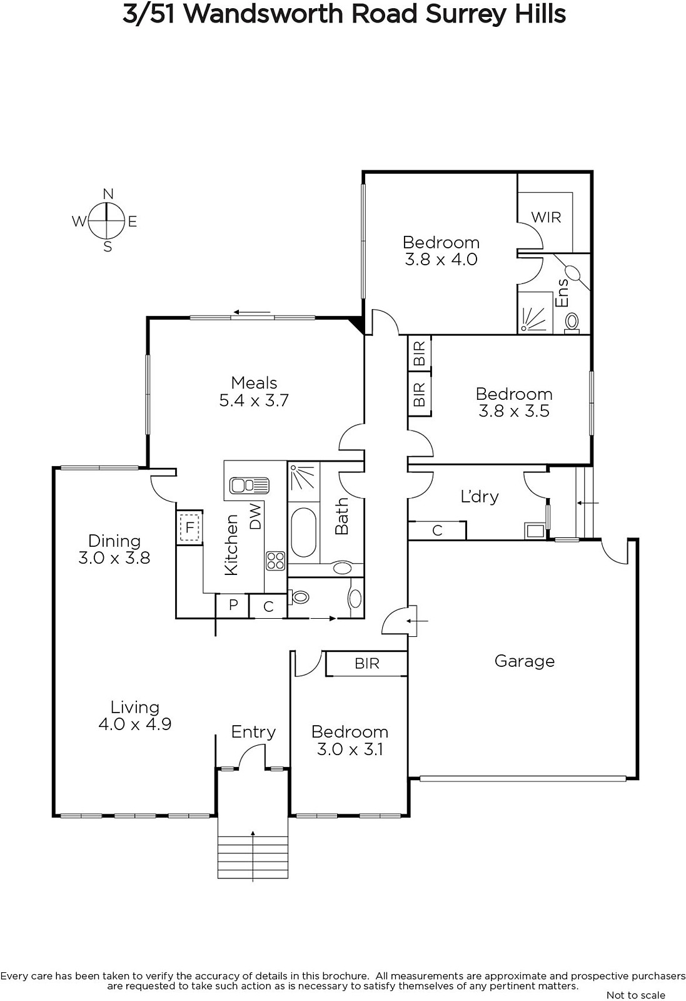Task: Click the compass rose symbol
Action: (106, 220)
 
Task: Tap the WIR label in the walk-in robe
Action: (546, 217)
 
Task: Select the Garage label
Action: (524, 661)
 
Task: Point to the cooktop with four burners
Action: (276, 561)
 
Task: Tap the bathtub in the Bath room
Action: (303, 532)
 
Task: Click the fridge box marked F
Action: (190, 527)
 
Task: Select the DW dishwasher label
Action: (255, 517)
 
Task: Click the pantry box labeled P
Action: (233, 604)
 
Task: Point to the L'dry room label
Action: (479, 497)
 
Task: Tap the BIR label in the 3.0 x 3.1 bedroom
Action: (367, 664)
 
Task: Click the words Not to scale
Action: (635, 995)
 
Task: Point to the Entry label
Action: (253, 732)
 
